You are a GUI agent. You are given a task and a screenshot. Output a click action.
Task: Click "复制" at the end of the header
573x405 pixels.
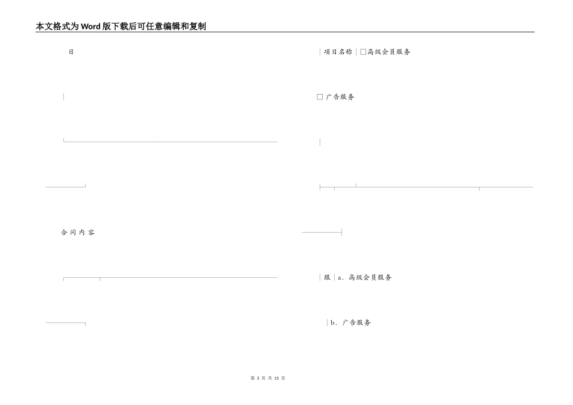[x=197, y=27]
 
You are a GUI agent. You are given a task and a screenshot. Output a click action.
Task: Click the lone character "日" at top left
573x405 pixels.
[x=71, y=52]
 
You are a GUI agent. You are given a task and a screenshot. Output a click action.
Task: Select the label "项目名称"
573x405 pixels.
[x=338, y=52]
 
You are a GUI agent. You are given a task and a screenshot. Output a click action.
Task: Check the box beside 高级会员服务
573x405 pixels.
[x=363, y=52]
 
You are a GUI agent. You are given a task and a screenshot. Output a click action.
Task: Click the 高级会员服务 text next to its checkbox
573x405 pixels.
[x=389, y=52]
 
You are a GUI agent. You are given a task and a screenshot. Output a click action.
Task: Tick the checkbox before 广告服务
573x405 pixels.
[x=320, y=97]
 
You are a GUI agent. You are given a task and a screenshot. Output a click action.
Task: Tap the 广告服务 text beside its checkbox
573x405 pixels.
[x=340, y=97]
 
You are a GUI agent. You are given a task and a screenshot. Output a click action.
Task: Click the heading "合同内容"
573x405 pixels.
[x=78, y=233]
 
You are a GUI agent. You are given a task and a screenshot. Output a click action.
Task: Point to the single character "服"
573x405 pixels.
[x=327, y=278]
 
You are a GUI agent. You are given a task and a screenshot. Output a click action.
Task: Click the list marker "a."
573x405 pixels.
[x=341, y=278]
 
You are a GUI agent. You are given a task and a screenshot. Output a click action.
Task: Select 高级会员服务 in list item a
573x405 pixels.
[x=370, y=278]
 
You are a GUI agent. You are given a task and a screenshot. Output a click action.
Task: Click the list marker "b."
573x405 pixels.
[x=333, y=323]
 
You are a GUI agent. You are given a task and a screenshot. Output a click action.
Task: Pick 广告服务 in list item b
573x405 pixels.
[x=356, y=323]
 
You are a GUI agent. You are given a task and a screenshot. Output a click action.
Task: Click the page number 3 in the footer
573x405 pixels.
[x=258, y=378]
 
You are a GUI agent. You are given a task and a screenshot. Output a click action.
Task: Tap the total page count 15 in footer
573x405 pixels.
[x=276, y=378]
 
